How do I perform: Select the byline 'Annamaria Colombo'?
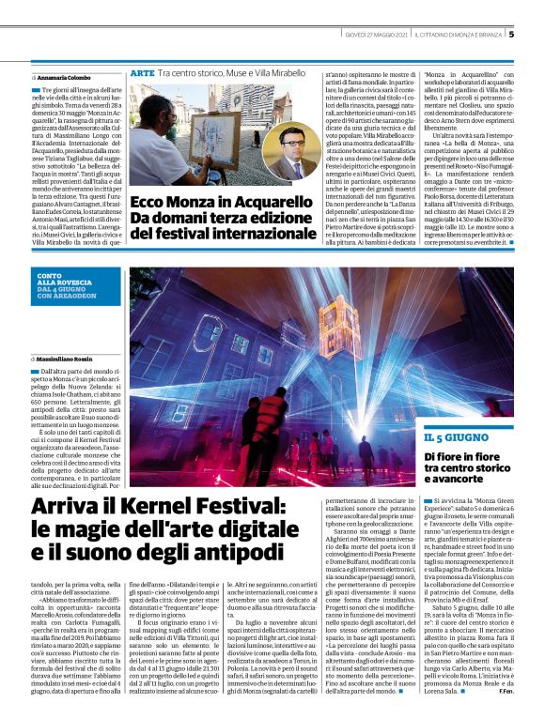(x=64, y=76)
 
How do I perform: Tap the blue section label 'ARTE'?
(x=143, y=72)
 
